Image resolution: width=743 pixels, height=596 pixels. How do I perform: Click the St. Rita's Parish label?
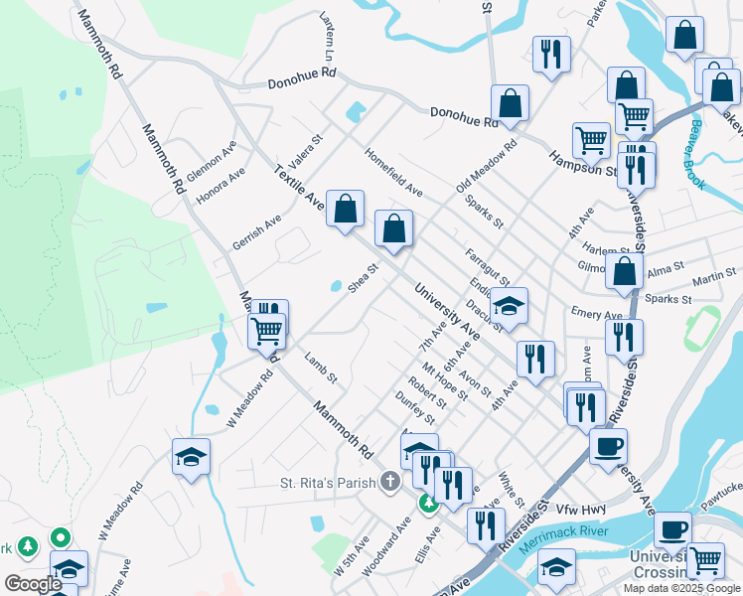point(328,483)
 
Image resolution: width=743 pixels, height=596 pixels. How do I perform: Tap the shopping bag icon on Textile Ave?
point(345,211)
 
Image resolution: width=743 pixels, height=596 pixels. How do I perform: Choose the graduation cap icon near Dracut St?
point(509,307)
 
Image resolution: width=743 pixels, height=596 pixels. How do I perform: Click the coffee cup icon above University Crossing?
point(673,527)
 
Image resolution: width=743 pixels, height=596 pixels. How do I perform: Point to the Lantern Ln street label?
point(327,36)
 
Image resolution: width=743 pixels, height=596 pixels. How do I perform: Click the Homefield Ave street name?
point(394,173)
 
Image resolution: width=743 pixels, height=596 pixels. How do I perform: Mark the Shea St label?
point(365,277)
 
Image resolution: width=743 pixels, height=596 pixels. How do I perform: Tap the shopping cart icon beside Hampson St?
point(591,140)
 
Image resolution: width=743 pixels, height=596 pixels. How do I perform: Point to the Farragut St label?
point(487,265)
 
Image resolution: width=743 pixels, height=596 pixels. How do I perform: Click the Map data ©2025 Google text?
point(680,588)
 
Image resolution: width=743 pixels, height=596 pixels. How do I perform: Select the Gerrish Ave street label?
point(257,231)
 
